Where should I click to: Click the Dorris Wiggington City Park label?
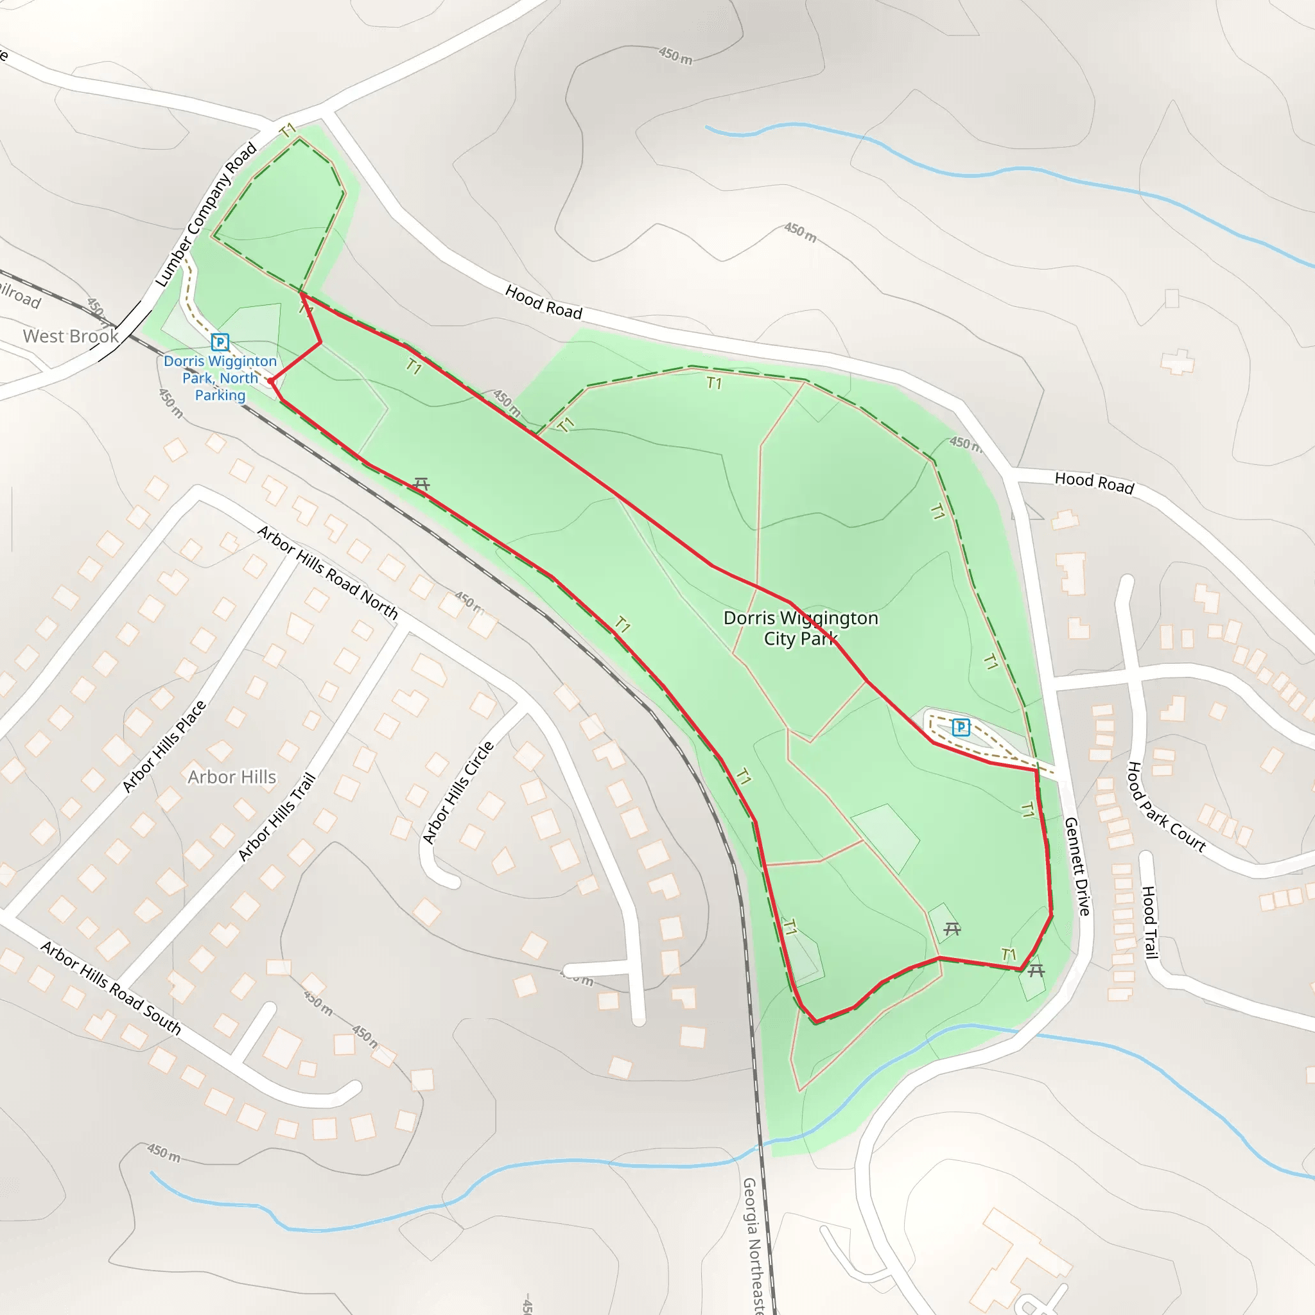[x=801, y=628]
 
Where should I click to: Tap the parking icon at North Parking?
[x=220, y=342]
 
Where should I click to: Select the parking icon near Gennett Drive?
[x=961, y=727]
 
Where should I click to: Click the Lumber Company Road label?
[x=205, y=214]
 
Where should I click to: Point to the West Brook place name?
[x=71, y=336]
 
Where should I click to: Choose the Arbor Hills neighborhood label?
[x=232, y=778]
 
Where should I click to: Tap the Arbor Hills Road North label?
[x=327, y=571]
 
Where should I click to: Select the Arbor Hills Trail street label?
[x=277, y=817]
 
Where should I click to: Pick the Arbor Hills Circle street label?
[x=458, y=793]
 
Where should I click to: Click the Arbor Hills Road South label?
[x=111, y=988]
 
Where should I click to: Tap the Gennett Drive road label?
[x=1077, y=866]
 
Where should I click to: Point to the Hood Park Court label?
[x=1167, y=807]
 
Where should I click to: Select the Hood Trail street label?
[x=1149, y=922]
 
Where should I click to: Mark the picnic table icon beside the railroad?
[x=421, y=484]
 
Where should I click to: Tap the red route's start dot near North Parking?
[x=271, y=381]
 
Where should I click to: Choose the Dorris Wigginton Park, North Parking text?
[x=220, y=378]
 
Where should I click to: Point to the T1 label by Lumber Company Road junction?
[x=288, y=129]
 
